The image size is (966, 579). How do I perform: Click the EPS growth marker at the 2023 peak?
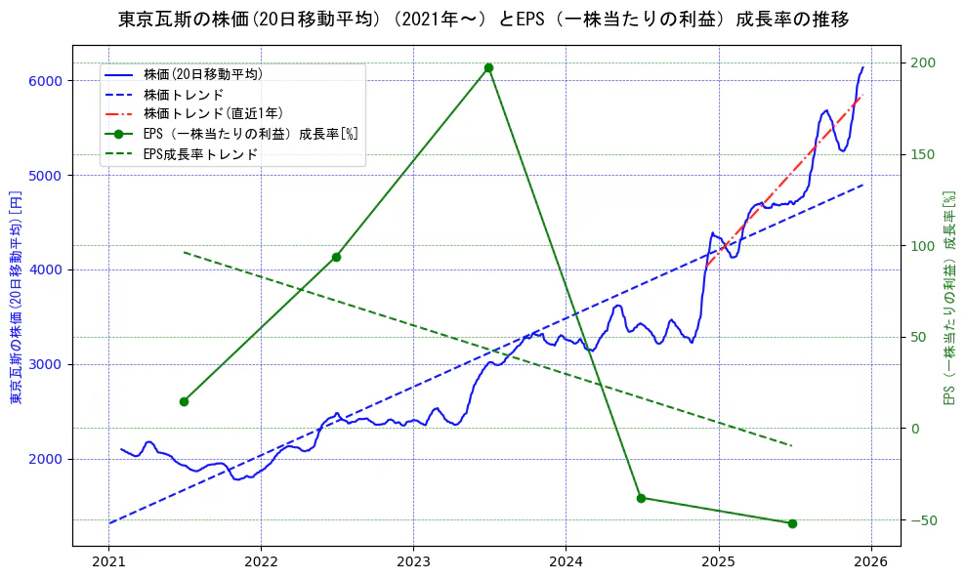488,67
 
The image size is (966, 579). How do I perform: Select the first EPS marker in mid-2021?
184,401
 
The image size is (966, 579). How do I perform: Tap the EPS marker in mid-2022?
336,257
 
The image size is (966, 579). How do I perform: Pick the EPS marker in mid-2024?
641,498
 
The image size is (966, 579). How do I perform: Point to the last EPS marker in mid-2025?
792,523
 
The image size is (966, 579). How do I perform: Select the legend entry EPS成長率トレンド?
200,153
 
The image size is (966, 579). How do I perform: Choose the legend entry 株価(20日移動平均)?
202,73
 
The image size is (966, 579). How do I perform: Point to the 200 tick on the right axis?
924,63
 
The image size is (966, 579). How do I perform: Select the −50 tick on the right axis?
924,519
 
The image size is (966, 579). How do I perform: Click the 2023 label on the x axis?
413,562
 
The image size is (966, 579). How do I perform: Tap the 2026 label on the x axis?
870,562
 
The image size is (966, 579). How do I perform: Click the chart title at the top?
483,20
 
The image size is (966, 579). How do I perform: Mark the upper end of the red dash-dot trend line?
861,95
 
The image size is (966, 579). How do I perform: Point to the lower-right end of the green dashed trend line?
792,446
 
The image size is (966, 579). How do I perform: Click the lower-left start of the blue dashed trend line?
108,523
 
